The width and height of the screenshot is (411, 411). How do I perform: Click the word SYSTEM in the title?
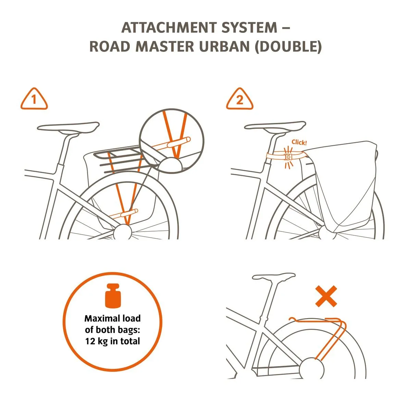coord(250,27)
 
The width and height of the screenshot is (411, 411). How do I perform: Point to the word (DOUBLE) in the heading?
coord(288,47)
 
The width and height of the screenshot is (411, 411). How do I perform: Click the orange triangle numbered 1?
coord(34,99)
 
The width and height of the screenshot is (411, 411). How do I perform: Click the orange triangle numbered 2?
coord(239,99)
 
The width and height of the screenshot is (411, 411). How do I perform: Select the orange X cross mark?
coord(326,297)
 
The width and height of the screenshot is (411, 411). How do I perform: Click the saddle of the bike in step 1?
coord(68,127)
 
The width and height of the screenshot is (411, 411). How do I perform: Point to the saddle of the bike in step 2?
coord(275,126)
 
